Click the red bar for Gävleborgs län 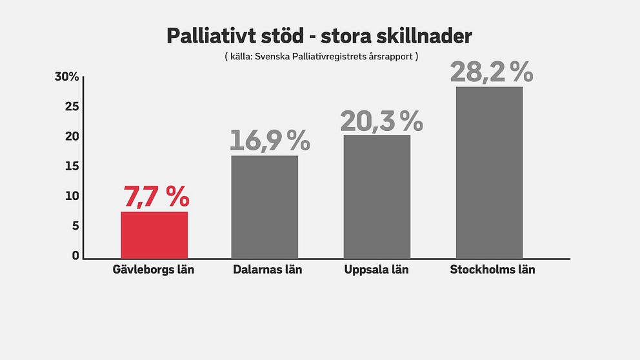154,235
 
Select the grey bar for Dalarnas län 265,206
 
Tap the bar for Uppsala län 377,196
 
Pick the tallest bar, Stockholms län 489,172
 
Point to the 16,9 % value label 270,141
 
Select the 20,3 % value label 381,121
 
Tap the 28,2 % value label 492,72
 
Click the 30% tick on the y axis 67,77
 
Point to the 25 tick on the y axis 72,106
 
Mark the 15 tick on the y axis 72,166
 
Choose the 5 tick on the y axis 75,226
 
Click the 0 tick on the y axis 75,255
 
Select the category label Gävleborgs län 154,270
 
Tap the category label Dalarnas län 267,270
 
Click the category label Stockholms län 492,270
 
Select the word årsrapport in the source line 388,57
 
